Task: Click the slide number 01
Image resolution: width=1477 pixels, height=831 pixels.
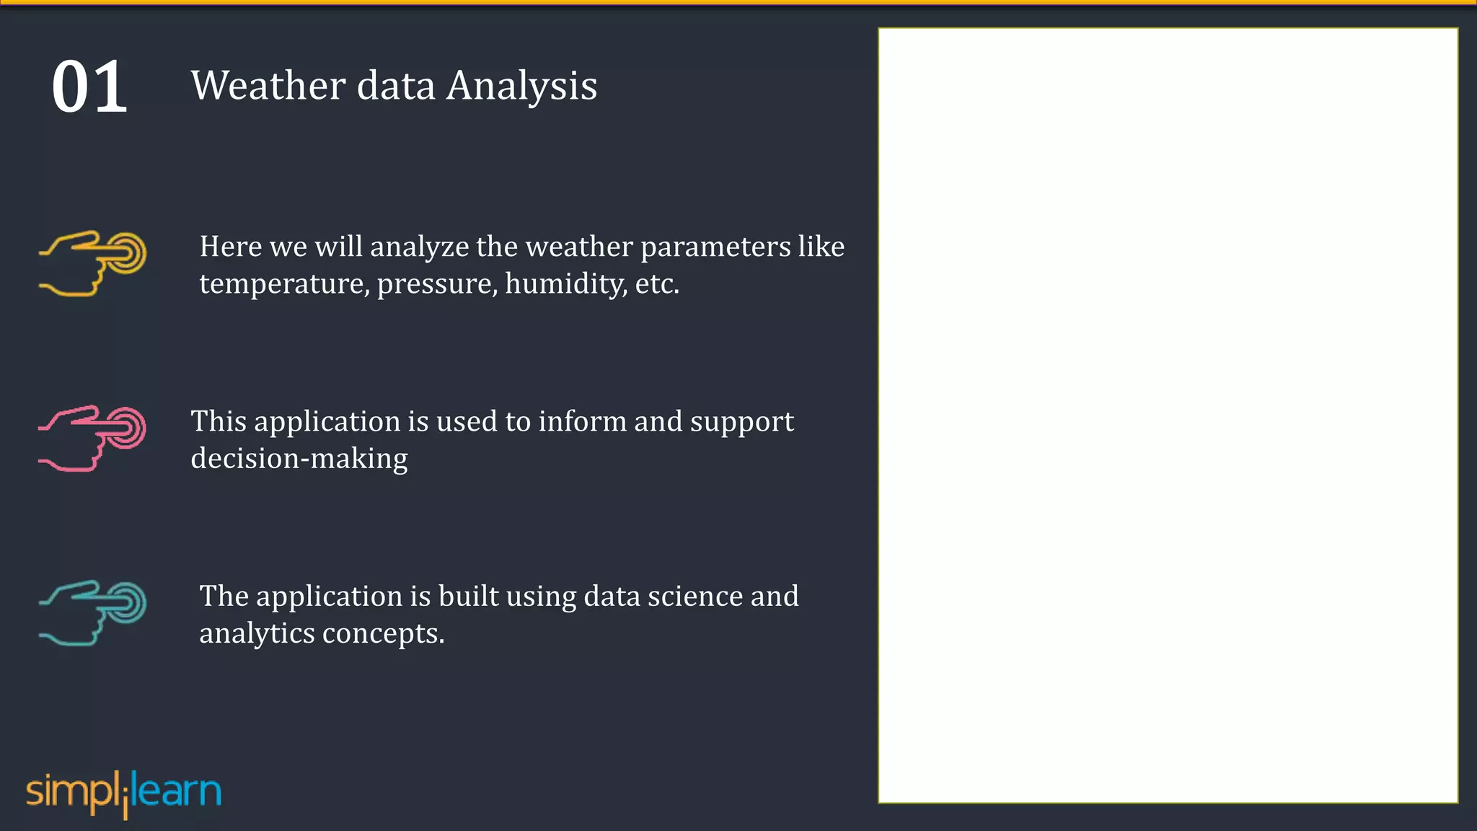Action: tap(89, 87)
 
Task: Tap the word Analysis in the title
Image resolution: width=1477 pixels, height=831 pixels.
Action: tap(521, 87)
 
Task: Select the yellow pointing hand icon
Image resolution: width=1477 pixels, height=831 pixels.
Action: tap(92, 263)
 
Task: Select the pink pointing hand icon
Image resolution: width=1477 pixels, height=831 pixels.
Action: tap(92, 438)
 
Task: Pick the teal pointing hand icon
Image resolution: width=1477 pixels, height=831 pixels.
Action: tap(92, 612)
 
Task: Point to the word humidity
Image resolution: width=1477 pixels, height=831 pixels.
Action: tap(565, 284)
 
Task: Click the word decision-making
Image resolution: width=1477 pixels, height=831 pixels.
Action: tap(299, 459)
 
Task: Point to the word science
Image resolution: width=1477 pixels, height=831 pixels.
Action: tap(695, 597)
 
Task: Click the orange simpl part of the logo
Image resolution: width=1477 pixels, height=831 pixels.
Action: tap(72, 792)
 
